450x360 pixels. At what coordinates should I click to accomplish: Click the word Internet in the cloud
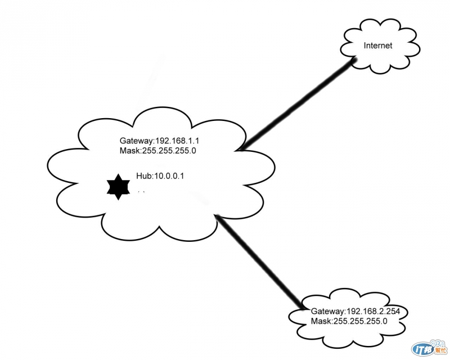(x=377, y=46)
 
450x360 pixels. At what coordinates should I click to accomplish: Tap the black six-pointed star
(x=118, y=187)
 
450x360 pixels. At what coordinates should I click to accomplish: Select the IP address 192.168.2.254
(x=373, y=311)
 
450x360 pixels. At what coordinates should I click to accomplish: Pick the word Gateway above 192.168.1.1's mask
(x=136, y=141)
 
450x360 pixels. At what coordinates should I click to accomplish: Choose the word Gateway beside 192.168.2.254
(x=328, y=312)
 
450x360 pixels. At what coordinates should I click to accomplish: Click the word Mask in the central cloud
(x=130, y=150)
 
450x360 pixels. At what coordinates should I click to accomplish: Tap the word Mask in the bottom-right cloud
(x=321, y=321)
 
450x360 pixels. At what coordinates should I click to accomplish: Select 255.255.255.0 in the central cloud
(x=169, y=150)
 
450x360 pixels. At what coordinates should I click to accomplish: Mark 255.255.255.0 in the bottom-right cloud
(x=360, y=321)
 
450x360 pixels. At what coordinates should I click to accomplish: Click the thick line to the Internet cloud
(x=299, y=104)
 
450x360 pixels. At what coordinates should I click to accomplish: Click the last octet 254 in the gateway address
(x=393, y=311)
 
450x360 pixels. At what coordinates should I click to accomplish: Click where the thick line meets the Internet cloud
(x=355, y=59)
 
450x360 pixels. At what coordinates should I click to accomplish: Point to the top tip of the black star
(x=118, y=174)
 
